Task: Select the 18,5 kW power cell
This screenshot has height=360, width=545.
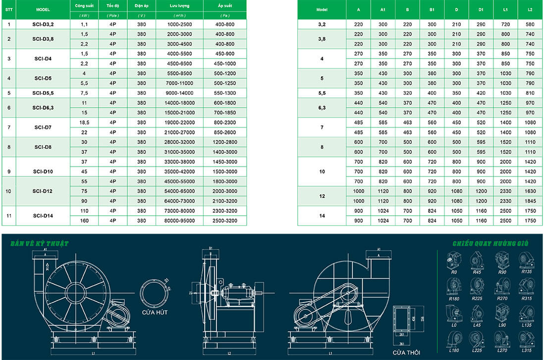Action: pyautogui.click(x=84, y=122)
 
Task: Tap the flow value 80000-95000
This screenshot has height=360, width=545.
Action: pyautogui.click(x=179, y=220)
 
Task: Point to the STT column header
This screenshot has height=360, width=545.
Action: pyautogui.click(x=9, y=9)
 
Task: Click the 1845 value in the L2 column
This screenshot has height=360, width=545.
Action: pyautogui.click(x=530, y=201)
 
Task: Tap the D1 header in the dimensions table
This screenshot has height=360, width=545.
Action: pyautogui.click(x=481, y=9)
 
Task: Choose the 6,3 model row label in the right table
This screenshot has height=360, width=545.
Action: pyautogui.click(x=322, y=108)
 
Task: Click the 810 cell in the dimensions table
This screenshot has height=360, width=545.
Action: pyautogui.click(x=530, y=93)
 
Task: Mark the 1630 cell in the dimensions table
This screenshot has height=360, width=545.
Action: pyautogui.click(x=530, y=191)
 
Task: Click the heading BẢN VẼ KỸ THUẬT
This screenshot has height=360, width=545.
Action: pyautogui.click(x=40, y=243)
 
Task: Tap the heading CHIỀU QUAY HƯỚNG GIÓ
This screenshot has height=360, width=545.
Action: pyautogui.click(x=490, y=243)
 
